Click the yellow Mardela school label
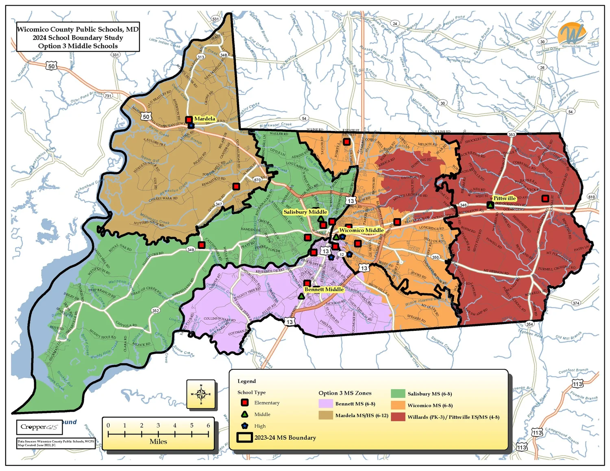[x=204, y=119]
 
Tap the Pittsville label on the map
[x=504, y=198]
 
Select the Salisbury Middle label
[x=305, y=212]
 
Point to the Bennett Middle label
[x=324, y=289]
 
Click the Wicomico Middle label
[x=361, y=230]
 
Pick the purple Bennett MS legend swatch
[x=325, y=404]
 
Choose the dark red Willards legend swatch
[x=398, y=417]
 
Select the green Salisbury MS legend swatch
[x=398, y=393]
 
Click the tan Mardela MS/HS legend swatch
[x=325, y=415]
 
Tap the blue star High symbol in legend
[x=245, y=426]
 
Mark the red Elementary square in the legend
[x=245, y=403]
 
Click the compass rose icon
[x=201, y=394]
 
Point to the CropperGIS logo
[x=39, y=427]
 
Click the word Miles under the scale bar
[x=158, y=441]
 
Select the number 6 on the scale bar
[x=208, y=425]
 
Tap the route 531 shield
[x=216, y=19]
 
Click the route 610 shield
[x=591, y=197]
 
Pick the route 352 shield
[x=155, y=310]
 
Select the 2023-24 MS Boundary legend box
[x=244, y=437]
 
